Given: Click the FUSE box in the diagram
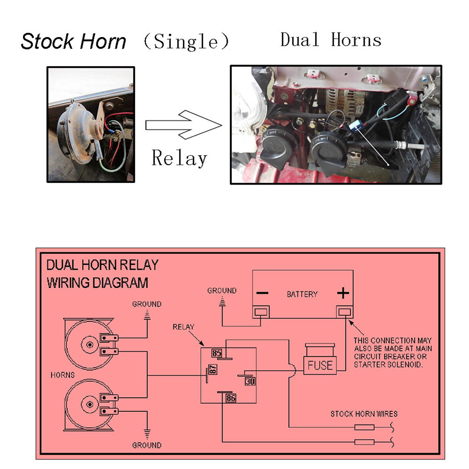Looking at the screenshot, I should tap(320, 365).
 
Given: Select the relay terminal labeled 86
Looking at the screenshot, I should tap(231, 398).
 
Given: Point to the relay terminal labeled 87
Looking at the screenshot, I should tap(213, 371).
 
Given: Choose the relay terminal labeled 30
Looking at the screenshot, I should tap(250, 381).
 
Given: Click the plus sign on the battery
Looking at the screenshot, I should tap(342, 293).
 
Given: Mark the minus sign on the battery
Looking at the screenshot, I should tap(262, 293).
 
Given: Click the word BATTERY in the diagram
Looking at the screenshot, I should tap(302, 294).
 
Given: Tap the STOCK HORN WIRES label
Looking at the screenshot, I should tap(364, 414).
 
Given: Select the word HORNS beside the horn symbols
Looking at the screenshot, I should tap(63, 375).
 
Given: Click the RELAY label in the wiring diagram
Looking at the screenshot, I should tap(183, 327).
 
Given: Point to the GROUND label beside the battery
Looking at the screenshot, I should tap(222, 291).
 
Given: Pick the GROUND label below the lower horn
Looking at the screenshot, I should tap(146, 445).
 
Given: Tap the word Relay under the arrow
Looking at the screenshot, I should tap(179, 157).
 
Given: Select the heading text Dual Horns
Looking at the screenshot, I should tap(330, 40).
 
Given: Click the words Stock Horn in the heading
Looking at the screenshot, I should tap(73, 42).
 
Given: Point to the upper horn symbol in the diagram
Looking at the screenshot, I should tap(89, 344).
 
